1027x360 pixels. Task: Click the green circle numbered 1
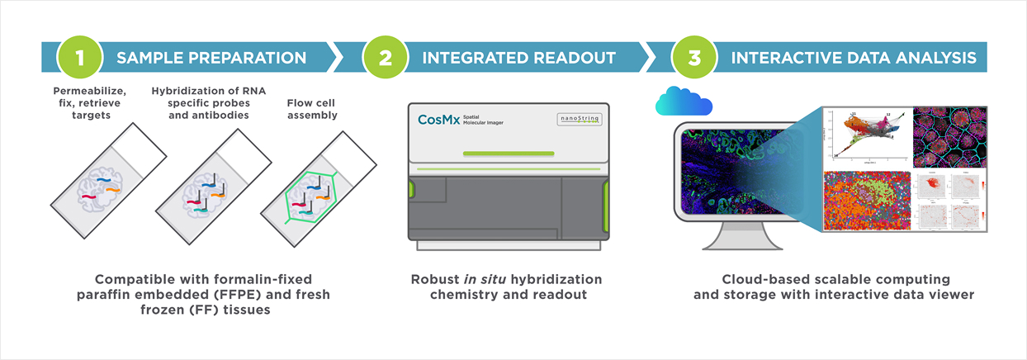pyautogui.click(x=78, y=58)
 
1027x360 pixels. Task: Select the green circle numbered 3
pyautogui.click(x=694, y=58)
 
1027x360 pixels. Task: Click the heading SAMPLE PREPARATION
pyautogui.click(x=211, y=58)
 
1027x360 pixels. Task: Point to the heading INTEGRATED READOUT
pyautogui.click(x=519, y=58)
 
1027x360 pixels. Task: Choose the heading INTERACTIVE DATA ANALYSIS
pyautogui.click(x=854, y=58)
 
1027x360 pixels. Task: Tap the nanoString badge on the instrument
pyautogui.click(x=577, y=121)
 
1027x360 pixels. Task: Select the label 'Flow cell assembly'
pyautogui.click(x=312, y=110)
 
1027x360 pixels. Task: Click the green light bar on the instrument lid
pyautogui.click(x=509, y=153)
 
